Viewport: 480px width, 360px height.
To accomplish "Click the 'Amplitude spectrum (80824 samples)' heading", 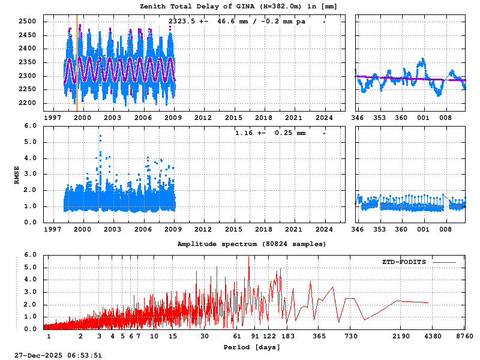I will tap(252, 244).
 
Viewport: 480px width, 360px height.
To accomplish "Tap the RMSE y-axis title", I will tap(17, 175).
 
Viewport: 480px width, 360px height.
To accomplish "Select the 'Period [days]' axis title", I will tap(247, 347).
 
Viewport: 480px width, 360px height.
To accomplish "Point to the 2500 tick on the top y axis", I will tap(28, 22).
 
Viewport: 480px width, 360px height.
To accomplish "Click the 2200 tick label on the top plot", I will tap(28, 103).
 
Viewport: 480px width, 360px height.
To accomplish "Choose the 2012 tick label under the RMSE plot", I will tap(202, 229).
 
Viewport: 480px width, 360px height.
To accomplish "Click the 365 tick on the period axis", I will tap(319, 336).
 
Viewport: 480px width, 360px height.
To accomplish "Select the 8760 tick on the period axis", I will tap(464, 336).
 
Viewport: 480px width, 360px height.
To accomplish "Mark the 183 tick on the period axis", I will tap(287, 336).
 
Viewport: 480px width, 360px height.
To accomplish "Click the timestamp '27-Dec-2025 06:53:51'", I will tap(58, 355).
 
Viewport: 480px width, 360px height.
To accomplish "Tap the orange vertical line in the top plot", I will tap(77, 66).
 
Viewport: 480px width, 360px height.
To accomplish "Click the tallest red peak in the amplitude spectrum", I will tap(248, 258).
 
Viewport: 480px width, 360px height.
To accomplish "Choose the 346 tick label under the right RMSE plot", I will tap(357, 229).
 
